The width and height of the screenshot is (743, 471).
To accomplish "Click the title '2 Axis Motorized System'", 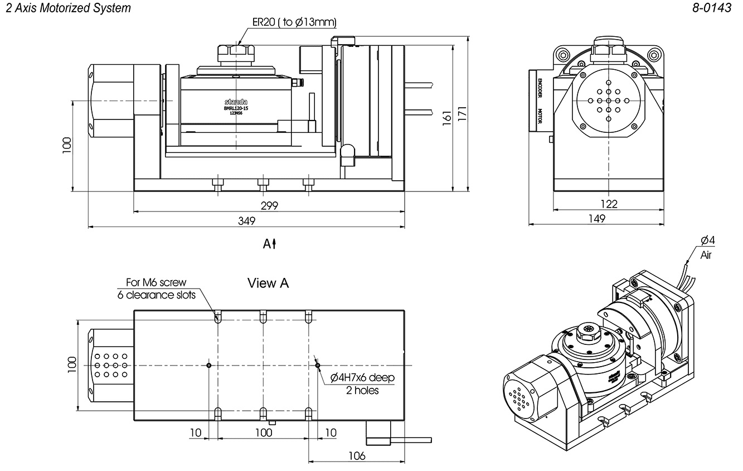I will click(67, 8).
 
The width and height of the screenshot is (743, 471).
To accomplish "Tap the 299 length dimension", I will click(269, 205).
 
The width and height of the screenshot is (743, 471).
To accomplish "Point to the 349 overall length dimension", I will click(246, 220).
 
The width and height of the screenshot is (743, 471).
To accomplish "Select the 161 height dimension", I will click(446, 117).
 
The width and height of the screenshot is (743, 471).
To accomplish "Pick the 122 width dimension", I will click(610, 204).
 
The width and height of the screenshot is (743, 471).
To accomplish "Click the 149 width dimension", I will click(596, 219).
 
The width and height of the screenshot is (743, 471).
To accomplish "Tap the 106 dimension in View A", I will click(357, 456).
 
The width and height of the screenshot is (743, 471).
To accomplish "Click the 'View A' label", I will click(268, 283).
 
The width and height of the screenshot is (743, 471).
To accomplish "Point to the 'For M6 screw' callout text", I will click(157, 283).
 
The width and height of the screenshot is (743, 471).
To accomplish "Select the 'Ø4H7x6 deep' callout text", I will click(362, 378).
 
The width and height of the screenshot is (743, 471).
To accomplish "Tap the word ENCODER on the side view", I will click(540, 86).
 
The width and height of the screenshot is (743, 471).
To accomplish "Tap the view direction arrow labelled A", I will click(270, 244).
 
